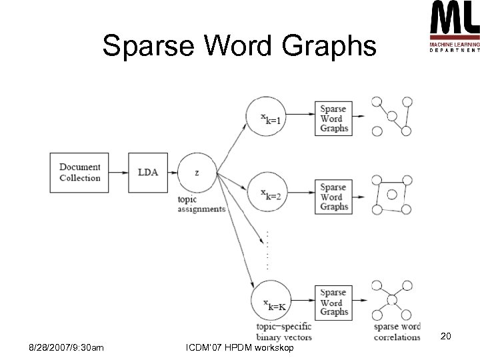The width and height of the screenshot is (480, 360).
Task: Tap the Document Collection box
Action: tap(80, 172)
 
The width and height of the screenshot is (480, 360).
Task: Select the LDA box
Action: tap(148, 172)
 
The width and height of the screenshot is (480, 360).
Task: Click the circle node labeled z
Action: tap(197, 172)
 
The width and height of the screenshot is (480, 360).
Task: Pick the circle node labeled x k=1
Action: tap(269, 117)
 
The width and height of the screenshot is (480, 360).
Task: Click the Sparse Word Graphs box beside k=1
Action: tap(333, 118)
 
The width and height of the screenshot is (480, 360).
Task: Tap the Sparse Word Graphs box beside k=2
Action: tap(333, 197)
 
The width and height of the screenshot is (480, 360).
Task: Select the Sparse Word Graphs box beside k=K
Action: tap(333, 302)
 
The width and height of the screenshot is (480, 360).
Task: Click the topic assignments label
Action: tap(201, 204)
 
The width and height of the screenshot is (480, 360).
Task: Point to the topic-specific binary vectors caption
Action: tap(283, 332)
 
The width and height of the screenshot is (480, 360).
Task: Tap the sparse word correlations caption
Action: tap(397, 332)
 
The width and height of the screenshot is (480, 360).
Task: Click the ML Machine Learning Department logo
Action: tap(454, 27)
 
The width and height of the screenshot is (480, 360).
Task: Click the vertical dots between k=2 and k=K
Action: tap(267, 250)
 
